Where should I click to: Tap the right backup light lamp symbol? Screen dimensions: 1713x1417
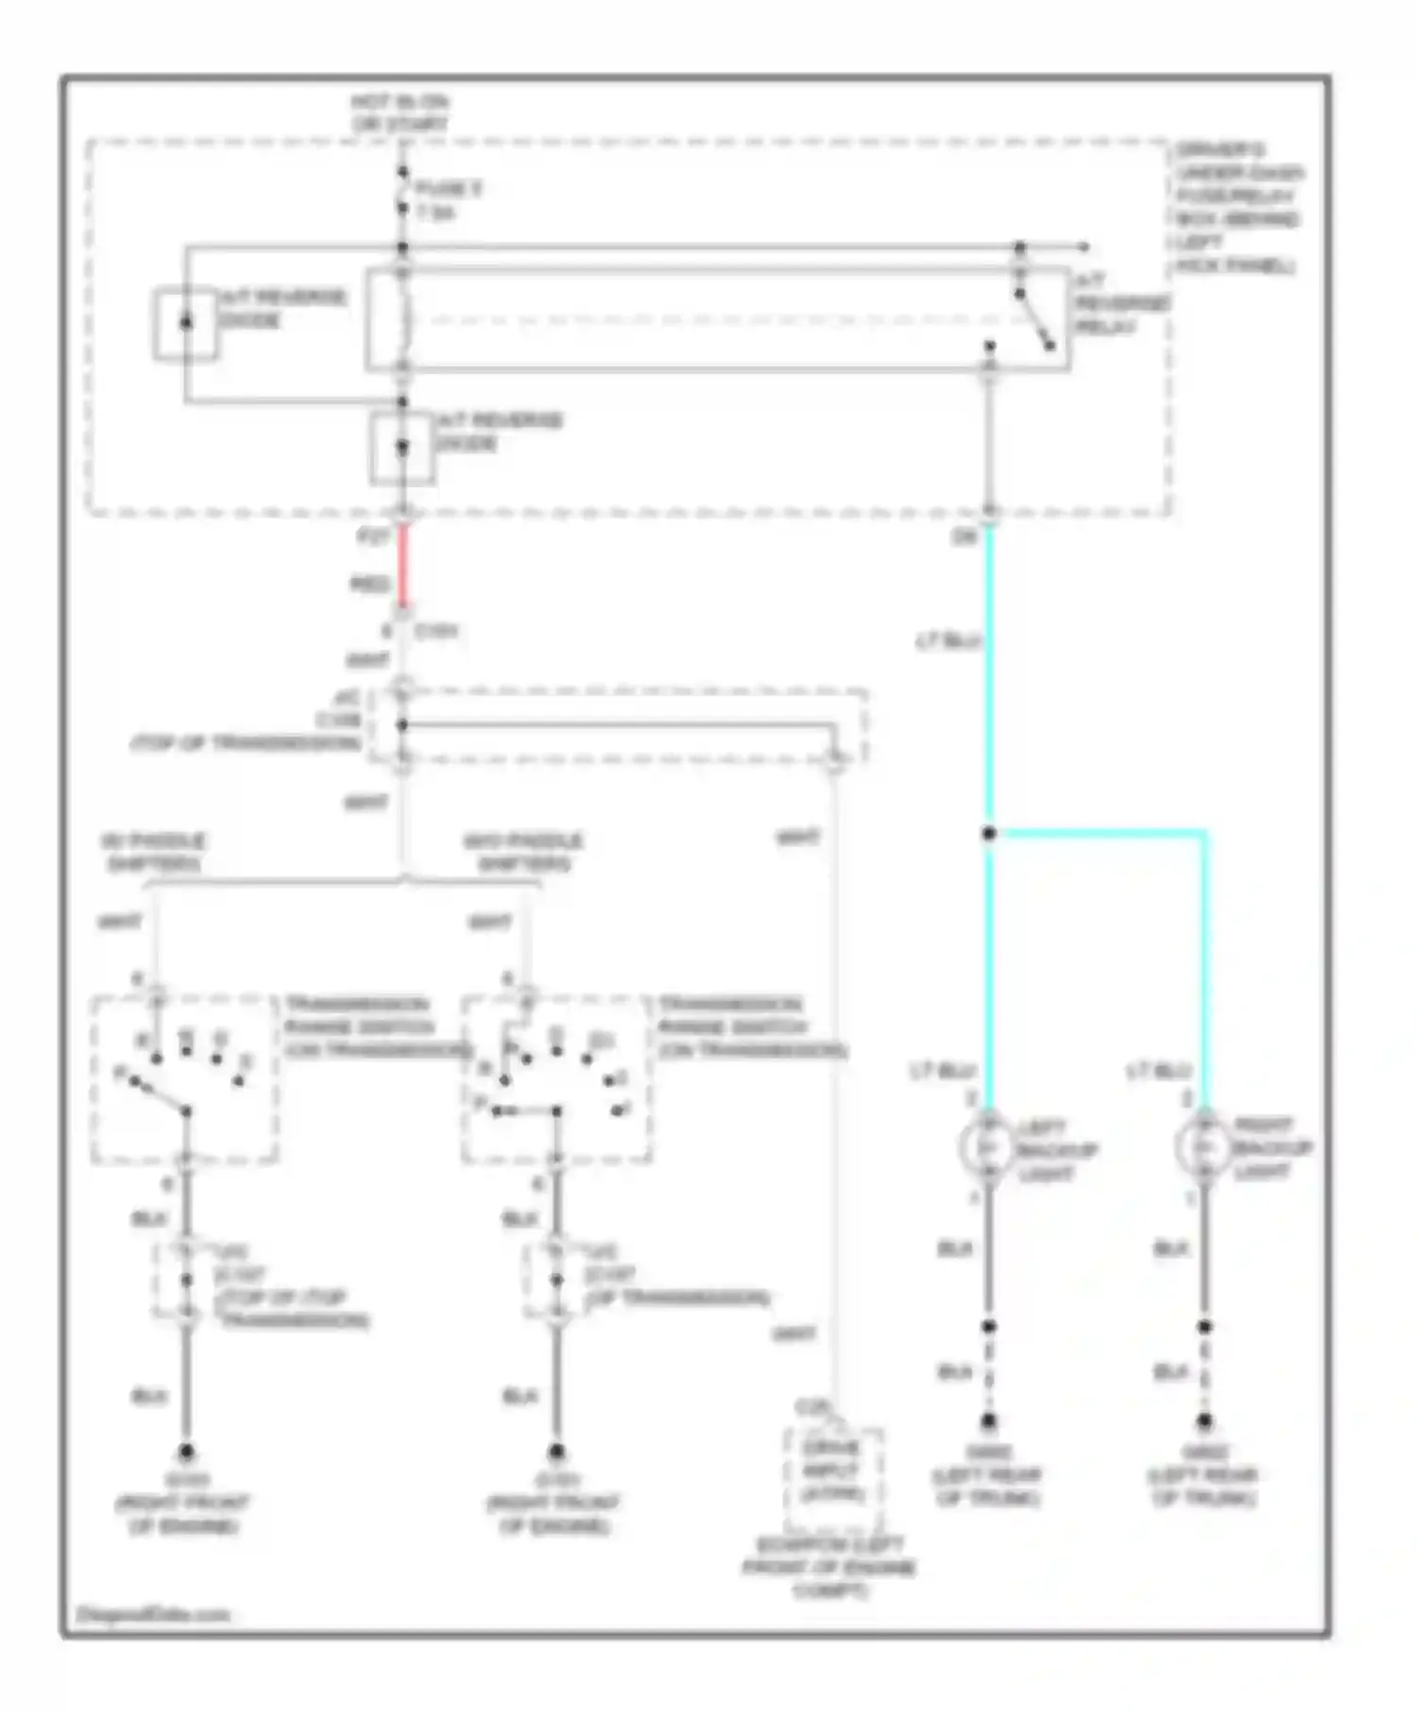tap(1204, 1145)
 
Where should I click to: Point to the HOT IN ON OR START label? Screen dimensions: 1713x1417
tap(401, 112)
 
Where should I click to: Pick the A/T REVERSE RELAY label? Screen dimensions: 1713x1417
tap(1121, 303)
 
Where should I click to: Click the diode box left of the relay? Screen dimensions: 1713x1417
tap(186, 323)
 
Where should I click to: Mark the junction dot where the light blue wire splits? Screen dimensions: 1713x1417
tap(988, 833)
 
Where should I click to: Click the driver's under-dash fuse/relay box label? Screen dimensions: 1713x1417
tap(1238, 207)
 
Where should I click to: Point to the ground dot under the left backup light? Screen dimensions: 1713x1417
tap(988, 1420)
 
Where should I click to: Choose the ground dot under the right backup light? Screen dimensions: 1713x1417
tap(1204, 1420)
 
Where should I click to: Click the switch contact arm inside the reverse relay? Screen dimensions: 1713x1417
tap(1035, 321)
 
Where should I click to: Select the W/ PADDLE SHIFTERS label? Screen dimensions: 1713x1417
tap(153, 852)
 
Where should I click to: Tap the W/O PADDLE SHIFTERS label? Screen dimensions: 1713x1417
tap(523, 852)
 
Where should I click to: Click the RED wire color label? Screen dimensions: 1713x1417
tap(369, 585)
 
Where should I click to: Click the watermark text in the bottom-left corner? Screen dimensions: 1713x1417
tap(153, 1614)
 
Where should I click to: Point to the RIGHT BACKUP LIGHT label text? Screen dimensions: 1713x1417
tap(1272, 1147)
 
